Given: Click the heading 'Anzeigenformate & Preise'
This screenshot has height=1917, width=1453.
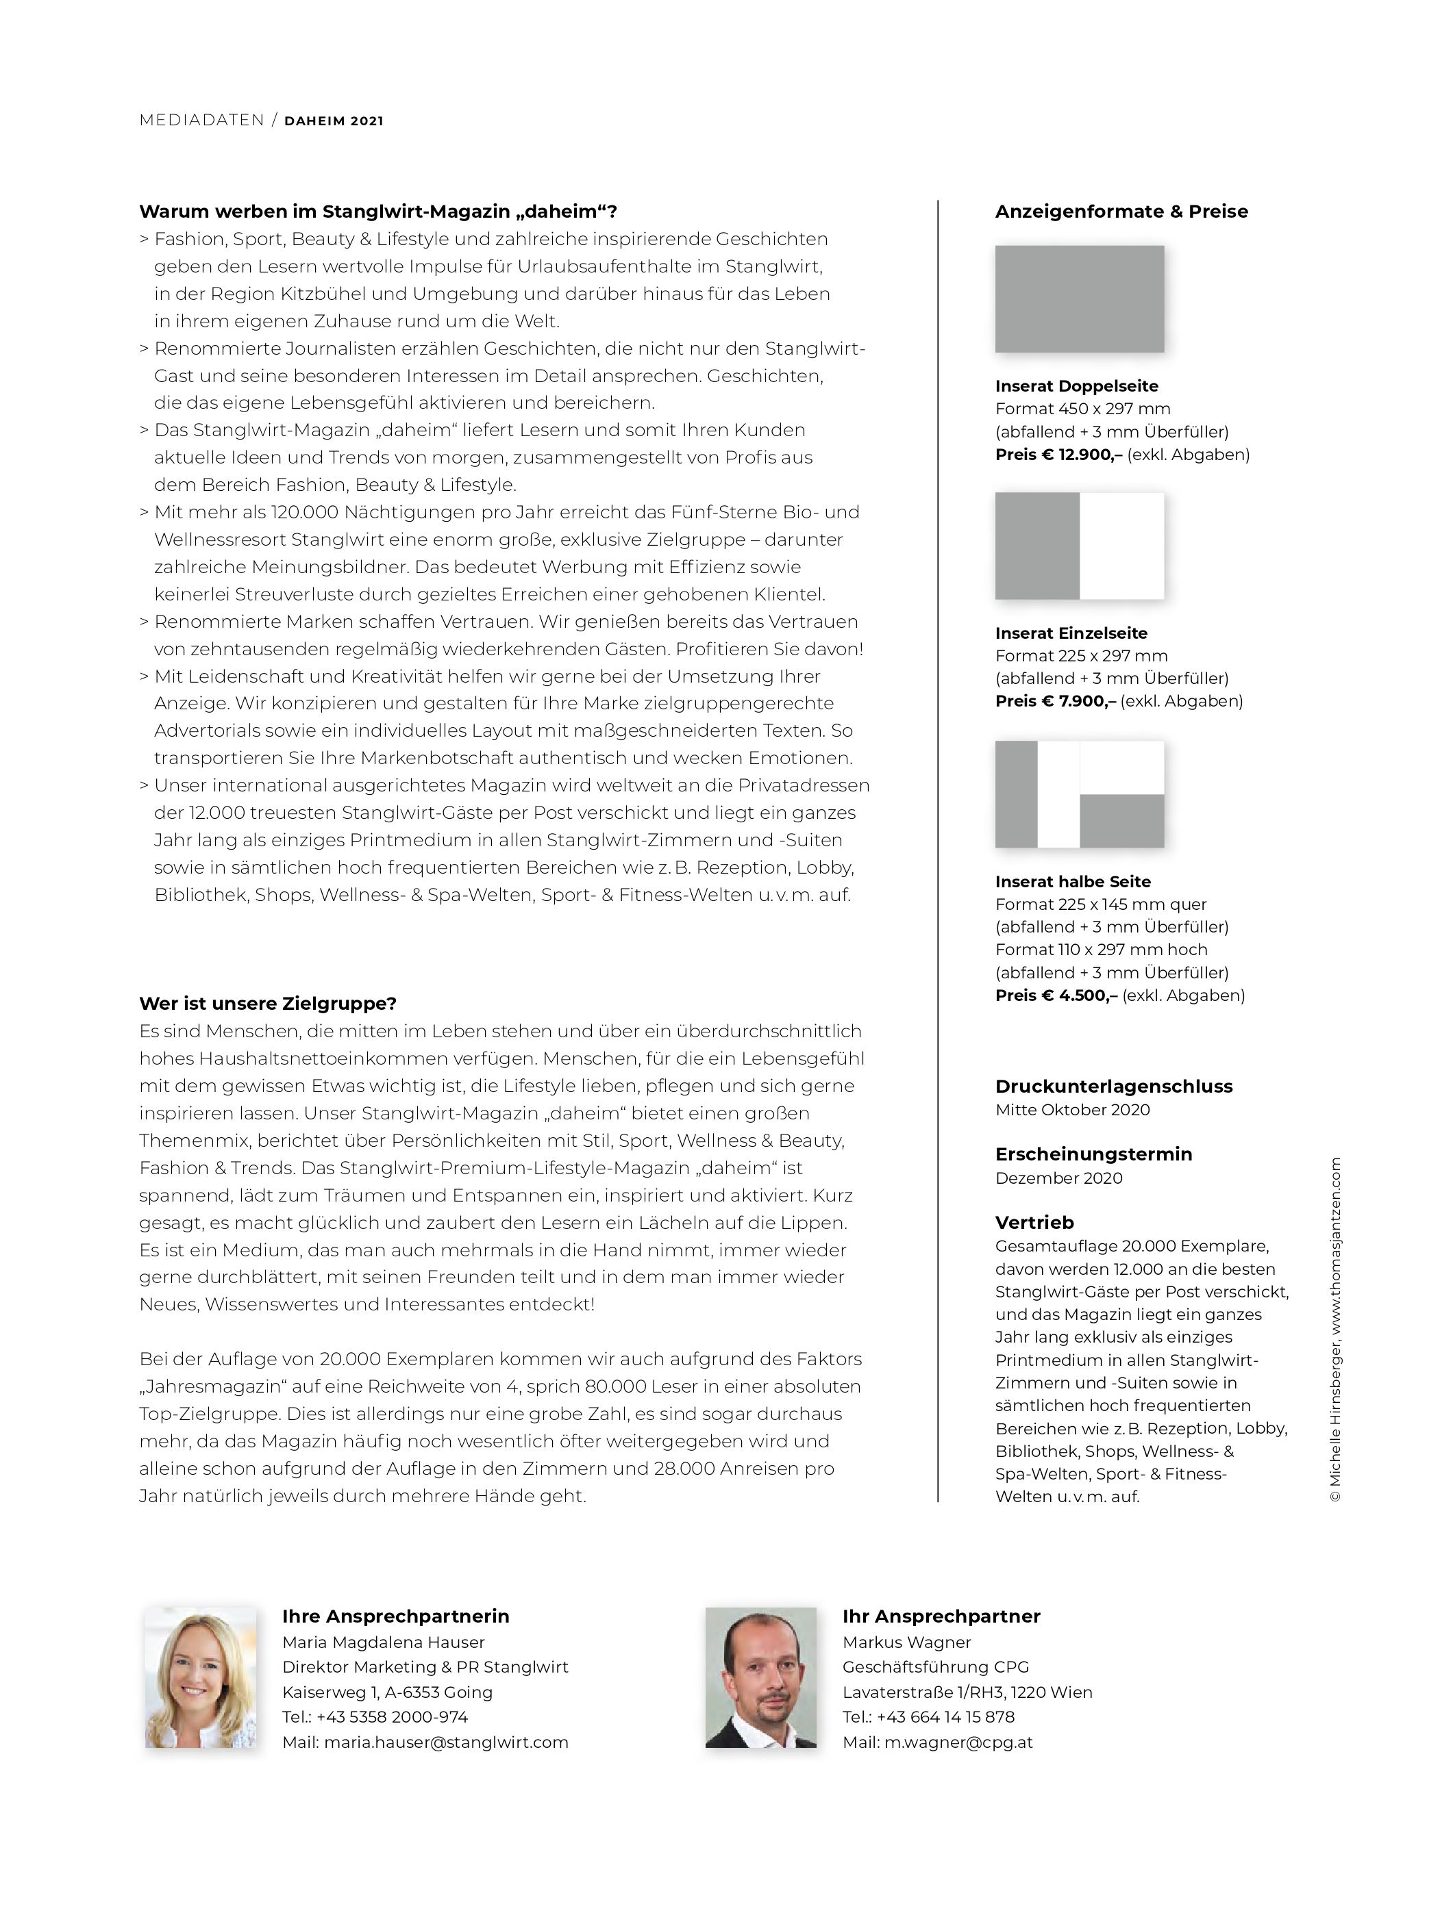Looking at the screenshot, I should tap(1121, 212).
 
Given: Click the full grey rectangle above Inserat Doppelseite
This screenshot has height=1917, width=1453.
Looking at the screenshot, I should tap(1080, 299).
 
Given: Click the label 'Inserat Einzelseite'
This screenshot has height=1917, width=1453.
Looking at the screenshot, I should tap(1071, 633).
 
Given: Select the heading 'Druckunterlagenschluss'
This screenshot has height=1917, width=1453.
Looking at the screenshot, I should tap(1113, 1086).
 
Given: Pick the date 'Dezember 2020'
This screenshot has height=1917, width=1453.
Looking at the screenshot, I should tap(1058, 1178).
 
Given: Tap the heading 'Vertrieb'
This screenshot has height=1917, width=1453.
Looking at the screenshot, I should tap(1034, 1222).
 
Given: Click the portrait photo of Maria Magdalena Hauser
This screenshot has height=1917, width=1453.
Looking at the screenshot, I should tap(200, 1677).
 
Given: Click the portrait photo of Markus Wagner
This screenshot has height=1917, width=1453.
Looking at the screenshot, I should tap(760, 1677).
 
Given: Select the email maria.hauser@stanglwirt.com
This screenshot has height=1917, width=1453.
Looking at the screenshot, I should tap(445, 1742).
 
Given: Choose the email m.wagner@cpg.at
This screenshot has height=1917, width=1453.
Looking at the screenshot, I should tap(958, 1742).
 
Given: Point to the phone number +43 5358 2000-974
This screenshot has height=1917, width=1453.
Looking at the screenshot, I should tap(392, 1717).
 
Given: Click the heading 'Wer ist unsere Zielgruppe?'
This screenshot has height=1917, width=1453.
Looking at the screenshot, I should tap(268, 1004).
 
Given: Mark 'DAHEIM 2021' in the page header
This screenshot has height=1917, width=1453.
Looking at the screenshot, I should tap(334, 121).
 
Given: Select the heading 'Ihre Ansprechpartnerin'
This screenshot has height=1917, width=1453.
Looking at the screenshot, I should tap(395, 1616).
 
